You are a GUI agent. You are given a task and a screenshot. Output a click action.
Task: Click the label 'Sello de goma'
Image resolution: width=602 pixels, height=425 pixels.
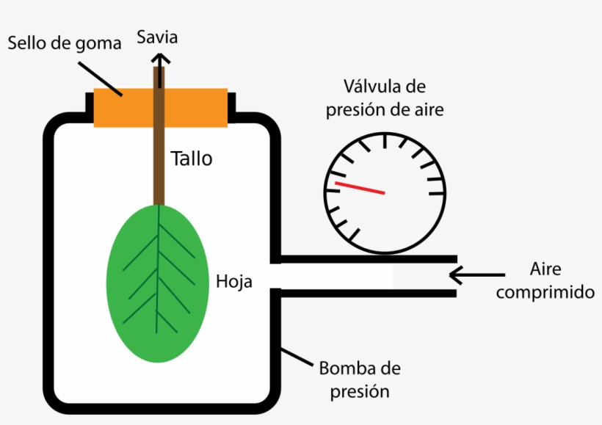tap(64, 43)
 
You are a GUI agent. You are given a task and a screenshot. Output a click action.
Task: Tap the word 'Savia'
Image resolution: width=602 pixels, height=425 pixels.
tap(159, 37)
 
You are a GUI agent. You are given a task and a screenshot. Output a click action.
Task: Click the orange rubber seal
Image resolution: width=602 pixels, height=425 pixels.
tap(191, 107)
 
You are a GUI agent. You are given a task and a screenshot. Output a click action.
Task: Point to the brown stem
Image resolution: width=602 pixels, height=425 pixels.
tap(158, 147)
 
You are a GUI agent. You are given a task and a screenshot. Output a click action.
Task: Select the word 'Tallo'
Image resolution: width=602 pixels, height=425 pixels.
tap(191, 158)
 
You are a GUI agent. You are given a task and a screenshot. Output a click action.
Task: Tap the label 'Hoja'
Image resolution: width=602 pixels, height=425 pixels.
tap(234, 280)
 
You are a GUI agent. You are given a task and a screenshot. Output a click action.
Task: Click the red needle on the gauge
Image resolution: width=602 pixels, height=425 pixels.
tap(360, 188)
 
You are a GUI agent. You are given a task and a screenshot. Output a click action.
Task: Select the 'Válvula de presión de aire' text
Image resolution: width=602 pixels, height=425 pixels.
tap(385, 98)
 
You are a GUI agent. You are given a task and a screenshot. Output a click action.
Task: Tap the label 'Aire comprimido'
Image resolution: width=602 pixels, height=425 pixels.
tap(545, 280)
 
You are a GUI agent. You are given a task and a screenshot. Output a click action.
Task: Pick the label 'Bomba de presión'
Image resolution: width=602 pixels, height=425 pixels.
tap(359, 379)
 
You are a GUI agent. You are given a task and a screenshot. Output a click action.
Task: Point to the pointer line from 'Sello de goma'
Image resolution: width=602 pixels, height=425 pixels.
tap(100, 77)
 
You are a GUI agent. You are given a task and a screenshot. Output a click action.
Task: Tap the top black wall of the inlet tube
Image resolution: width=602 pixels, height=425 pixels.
tap(367, 259)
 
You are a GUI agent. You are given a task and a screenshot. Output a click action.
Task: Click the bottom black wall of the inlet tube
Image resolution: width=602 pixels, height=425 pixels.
tap(367, 293)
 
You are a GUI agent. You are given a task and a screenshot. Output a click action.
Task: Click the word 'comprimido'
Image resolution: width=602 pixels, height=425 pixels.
tap(545, 292)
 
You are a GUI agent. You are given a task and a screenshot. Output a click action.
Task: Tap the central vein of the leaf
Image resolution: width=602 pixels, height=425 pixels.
tap(158, 279)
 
